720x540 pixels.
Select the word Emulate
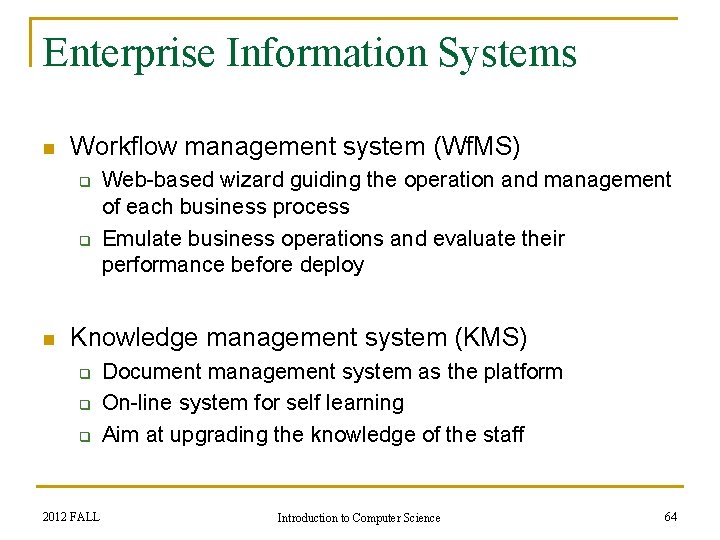pos(141,239)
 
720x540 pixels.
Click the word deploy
pos(334,265)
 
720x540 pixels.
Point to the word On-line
pos(136,403)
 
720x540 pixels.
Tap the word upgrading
pos(217,435)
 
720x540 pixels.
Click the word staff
pos(501,435)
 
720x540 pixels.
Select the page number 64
pos(670,516)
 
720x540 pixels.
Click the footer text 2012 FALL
pos(71,517)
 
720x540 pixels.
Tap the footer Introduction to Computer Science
pos(358,518)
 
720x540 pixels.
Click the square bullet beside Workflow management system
pos(46,149)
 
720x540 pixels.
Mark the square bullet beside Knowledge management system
pos(46,339)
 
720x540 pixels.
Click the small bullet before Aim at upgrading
pos(85,436)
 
